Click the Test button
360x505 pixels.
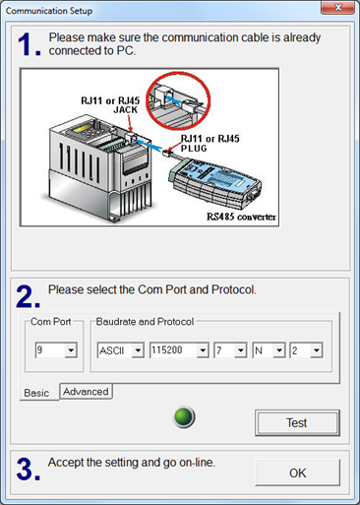click(x=297, y=422)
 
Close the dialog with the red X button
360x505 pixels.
click(x=337, y=8)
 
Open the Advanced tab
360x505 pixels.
click(x=86, y=392)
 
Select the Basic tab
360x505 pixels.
click(x=36, y=393)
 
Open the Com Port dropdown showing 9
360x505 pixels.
click(x=56, y=350)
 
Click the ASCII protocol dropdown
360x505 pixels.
click(x=120, y=350)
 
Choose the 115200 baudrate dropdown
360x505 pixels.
click(x=179, y=350)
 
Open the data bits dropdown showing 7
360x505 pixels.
click(x=230, y=350)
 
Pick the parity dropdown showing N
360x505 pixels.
click(x=269, y=350)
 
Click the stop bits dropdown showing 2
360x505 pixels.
click(x=306, y=350)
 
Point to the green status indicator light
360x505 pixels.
click(x=184, y=416)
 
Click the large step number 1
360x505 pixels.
click(x=29, y=44)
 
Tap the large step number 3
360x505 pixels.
click(x=28, y=469)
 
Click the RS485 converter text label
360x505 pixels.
click(x=241, y=217)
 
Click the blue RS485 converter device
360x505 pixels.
click(x=214, y=183)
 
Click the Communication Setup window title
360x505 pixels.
click(x=49, y=11)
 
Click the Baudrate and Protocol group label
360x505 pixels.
click(x=145, y=322)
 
